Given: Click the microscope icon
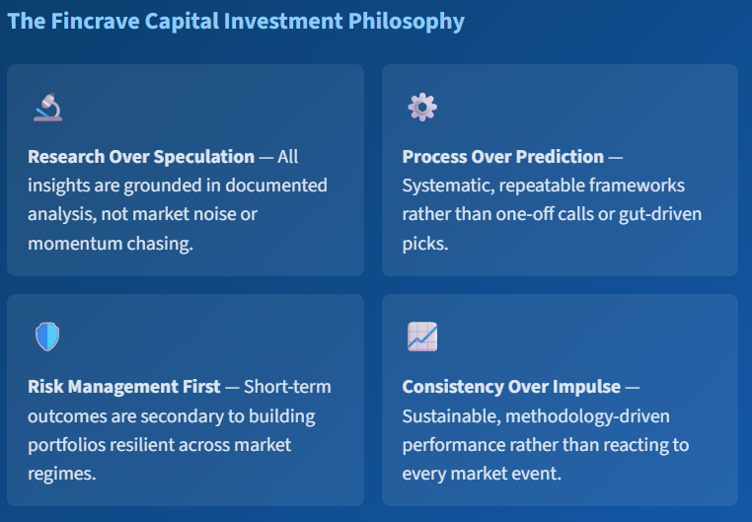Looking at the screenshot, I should [x=47, y=107].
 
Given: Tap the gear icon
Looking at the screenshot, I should [x=422, y=107].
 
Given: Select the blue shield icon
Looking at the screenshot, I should [x=47, y=337].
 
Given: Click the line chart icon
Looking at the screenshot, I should [x=422, y=337].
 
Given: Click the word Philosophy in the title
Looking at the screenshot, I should [x=406, y=21].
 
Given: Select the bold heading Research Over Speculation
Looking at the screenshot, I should [x=141, y=156].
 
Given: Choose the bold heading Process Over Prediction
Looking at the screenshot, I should [x=503, y=156].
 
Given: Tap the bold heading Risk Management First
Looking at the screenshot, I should [x=124, y=386].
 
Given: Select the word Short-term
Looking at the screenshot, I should [x=287, y=386].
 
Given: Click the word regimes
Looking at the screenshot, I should [x=60, y=474].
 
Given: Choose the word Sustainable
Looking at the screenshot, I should [x=449, y=415].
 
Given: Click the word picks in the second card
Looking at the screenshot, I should [x=425, y=243].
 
